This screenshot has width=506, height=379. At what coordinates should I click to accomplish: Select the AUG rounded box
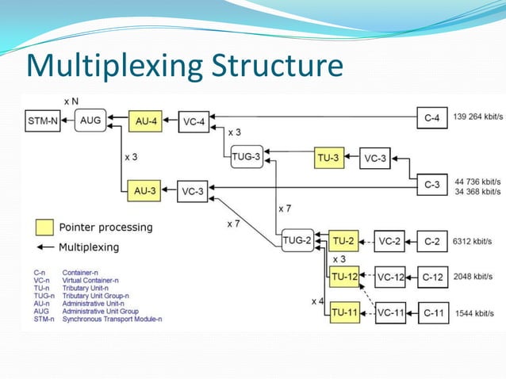(90, 121)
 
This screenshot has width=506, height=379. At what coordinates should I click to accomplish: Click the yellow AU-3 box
(144, 190)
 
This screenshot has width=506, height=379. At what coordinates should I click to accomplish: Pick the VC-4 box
(194, 121)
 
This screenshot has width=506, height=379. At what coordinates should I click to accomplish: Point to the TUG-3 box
(246, 157)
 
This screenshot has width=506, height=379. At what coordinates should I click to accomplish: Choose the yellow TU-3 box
(329, 157)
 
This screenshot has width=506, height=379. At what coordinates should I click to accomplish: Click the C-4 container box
(432, 118)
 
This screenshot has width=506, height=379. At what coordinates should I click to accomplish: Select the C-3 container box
(432, 185)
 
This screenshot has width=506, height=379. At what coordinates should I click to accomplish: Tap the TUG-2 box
(297, 240)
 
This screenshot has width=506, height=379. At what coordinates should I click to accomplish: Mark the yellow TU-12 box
(343, 277)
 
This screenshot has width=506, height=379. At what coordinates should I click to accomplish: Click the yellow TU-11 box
(343, 312)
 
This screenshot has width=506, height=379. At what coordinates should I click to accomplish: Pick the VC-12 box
(391, 277)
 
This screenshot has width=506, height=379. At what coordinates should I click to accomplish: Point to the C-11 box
(433, 312)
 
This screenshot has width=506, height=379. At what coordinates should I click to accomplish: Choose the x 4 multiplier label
(317, 301)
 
